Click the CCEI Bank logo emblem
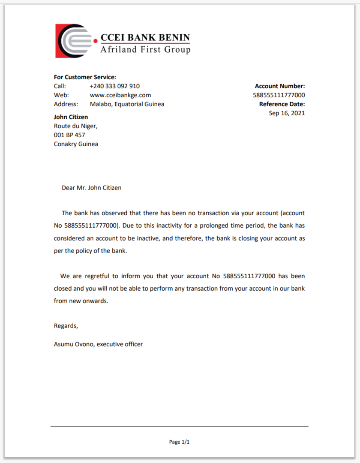click(x=74, y=41)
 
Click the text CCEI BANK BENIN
click(x=145, y=37)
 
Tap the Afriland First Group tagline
click(x=145, y=50)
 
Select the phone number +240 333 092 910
click(x=114, y=86)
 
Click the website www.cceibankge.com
click(x=120, y=95)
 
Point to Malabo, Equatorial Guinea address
click(x=127, y=104)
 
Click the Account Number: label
click(x=279, y=86)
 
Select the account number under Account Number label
click(x=279, y=95)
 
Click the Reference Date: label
click(x=282, y=104)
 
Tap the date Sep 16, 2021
click(x=287, y=113)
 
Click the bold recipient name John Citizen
click(x=71, y=117)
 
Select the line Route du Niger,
click(x=75, y=126)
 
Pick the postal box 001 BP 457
click(x=69, y=135)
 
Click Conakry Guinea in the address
click(x=76, y=144)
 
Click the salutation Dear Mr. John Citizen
click(x=91, y=188)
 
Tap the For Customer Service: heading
click(x=85, y=77)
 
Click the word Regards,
click(x=66, y=326)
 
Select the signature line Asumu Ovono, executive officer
click(x=98, y=344)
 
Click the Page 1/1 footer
click(x=179, y=442)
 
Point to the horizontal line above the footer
click(x=179, y=426)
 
